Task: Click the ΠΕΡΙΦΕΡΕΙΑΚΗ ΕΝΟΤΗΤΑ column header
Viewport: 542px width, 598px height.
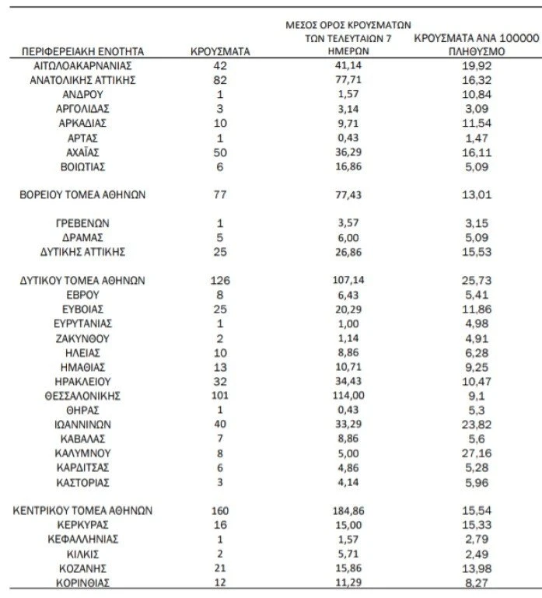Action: pyautogui.click(x=83, y=51)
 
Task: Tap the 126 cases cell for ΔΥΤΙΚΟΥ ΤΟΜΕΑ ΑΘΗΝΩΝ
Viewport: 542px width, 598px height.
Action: pyautogui.click(x=220, y=280)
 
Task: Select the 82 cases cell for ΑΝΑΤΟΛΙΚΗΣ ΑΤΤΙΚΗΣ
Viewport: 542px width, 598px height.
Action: pyautogui.click(x=220, y=79)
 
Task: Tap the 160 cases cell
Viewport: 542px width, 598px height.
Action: pyautogui.click(x=220, y=510)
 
